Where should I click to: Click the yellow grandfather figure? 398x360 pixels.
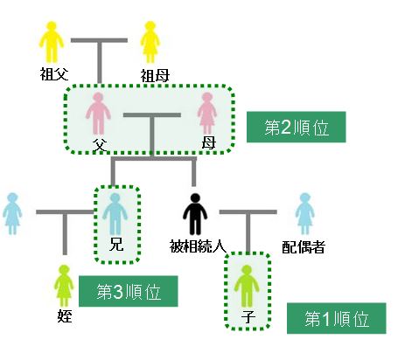tap(52, 42)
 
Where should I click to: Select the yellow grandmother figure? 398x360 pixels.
tap(150, 42)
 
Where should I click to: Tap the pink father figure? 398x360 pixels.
tap(98, 114)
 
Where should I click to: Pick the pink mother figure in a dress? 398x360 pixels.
tap(206, 114)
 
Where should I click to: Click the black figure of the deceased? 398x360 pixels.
tap(195, 214)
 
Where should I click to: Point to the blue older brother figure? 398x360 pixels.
tap(115, 214)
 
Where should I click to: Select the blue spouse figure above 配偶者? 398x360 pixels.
tap(304, 214)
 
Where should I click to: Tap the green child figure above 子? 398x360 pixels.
tap(247, 286)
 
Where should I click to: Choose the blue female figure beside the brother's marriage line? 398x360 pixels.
tap(12, 214)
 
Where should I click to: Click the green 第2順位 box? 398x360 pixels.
tap(297, 127)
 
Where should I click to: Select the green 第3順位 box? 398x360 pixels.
tap(129, 291)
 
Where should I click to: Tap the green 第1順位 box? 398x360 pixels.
tap(337, 318)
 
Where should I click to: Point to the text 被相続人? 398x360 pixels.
tap(198, 246)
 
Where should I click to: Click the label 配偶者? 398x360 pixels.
tap(304, 247)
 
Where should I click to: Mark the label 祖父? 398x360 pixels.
tap(54, 73)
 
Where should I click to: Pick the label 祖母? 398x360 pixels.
tap(155, 76)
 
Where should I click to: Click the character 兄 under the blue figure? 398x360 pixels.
tap(116, 245)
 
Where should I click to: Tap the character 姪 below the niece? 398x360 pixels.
tap(65, 316)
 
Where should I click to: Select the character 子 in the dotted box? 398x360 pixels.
tap(248, 316)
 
